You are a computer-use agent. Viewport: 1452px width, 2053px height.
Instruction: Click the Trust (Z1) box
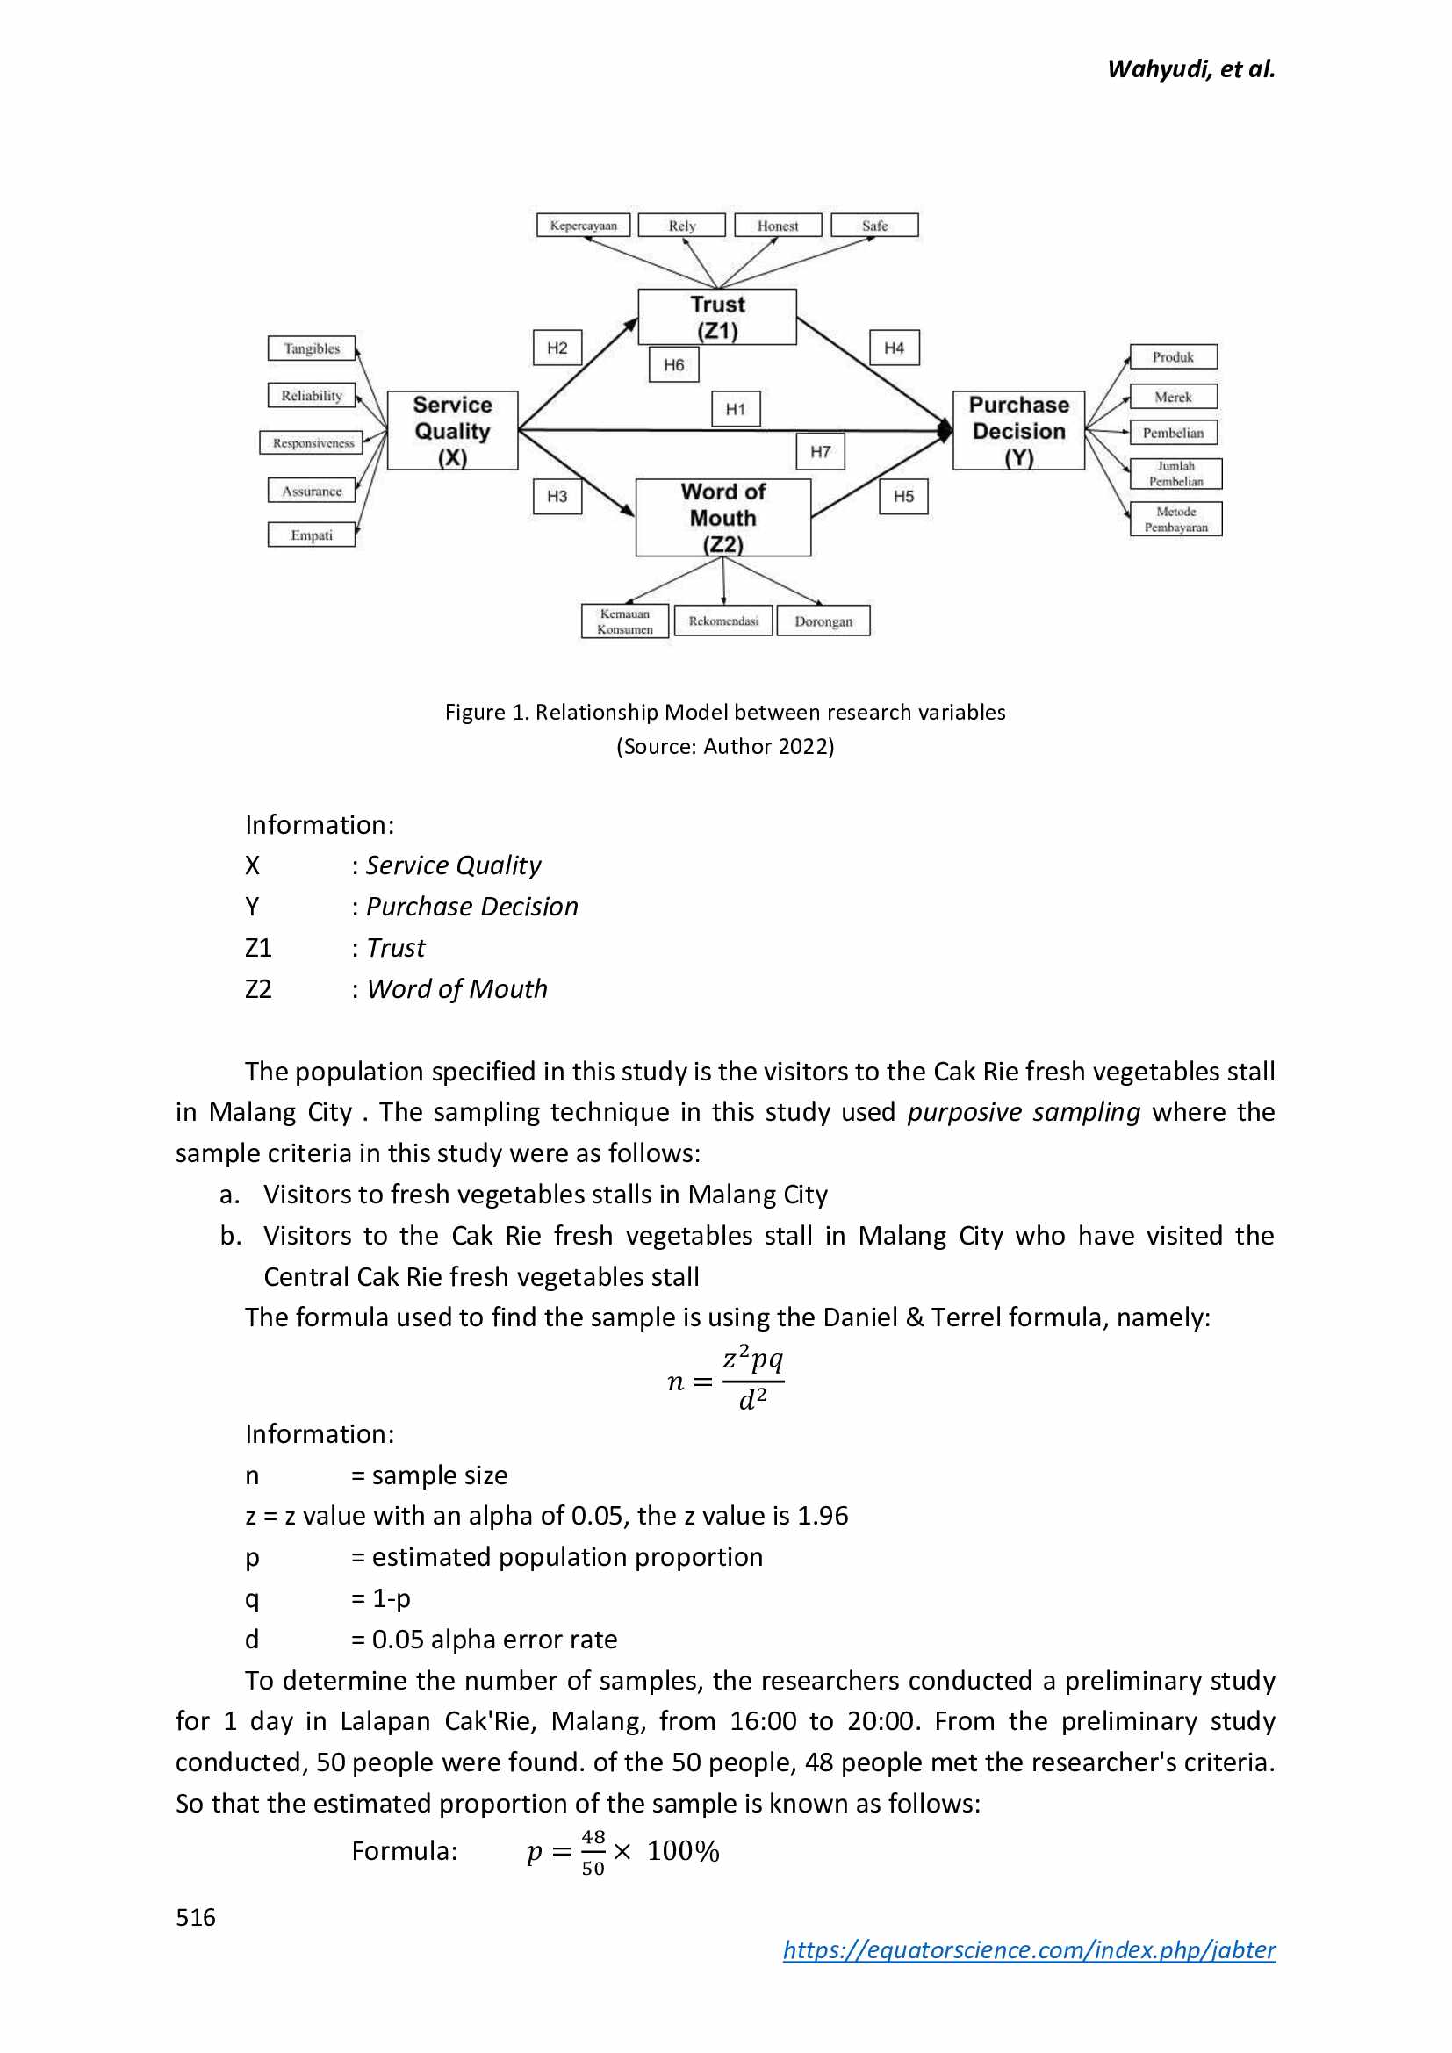pyautogui.click(x=716, y=318)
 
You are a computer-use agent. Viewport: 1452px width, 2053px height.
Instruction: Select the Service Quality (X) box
pyautogui.click(x=451, y=430)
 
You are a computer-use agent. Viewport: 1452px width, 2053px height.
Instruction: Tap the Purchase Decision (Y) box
pyautogui.click(x=1017, y=430)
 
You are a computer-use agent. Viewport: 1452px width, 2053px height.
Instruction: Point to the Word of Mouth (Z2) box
pyautogui.click(x=722, y=518)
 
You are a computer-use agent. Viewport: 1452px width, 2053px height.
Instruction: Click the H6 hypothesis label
pyautogui.click(x=673, y=365)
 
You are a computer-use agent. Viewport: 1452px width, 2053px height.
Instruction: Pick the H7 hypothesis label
pyautogui.click(x=820, y=451)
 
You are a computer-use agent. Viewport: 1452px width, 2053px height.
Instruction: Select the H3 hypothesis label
pyautogui.click(x=557, y=496)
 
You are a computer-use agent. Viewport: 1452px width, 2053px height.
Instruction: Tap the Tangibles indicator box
pyautogui.click(x=311, y=348)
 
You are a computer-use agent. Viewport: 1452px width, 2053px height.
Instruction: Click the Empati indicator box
pyautogui.click(x=311, y=535)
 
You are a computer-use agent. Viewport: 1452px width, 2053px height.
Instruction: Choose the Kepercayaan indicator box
pyautogui.click(x=583, y=226)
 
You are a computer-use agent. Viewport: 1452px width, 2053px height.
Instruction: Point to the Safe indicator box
pyautogui.click(x=873, y=226)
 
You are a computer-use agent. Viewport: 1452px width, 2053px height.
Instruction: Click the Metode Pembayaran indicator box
pyautogui.click(x=1175, y=520)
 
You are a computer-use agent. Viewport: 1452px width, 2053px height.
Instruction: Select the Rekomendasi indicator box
pyautogui.click(x=722, y=621)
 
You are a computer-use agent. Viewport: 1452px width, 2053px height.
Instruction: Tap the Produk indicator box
pyautogui.click(x=1172, y=356)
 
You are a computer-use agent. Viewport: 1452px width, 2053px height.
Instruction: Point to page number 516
pyautogui.click(x=196, y=1917)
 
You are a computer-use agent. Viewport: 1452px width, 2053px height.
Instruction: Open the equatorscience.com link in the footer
pyautogui.click(x=1028, y=1949)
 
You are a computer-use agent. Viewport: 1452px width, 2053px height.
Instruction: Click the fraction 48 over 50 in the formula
pyautogui.click(x=593, y=1853)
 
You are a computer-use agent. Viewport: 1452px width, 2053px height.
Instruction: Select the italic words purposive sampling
pyautogui.click(x=1023, y=1111)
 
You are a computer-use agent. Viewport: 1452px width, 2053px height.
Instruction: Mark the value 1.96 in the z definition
pyautogui.click(x=822, y=1516)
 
